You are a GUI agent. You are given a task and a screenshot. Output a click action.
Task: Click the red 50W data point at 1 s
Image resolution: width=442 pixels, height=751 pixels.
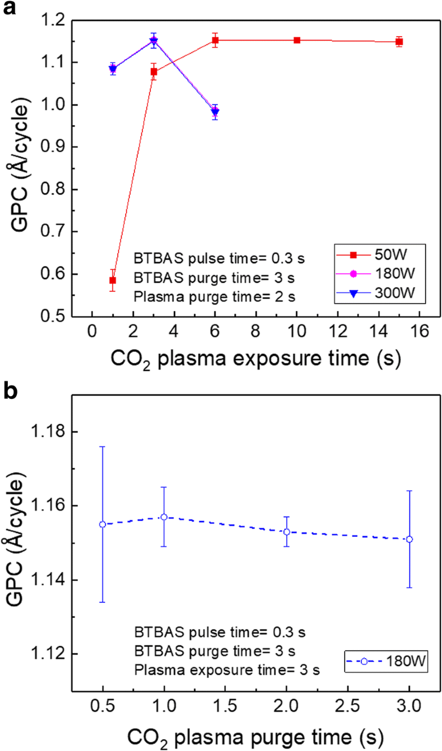[113, 280]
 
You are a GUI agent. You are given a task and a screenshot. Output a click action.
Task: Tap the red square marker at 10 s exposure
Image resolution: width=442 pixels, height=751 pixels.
[297, 40]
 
